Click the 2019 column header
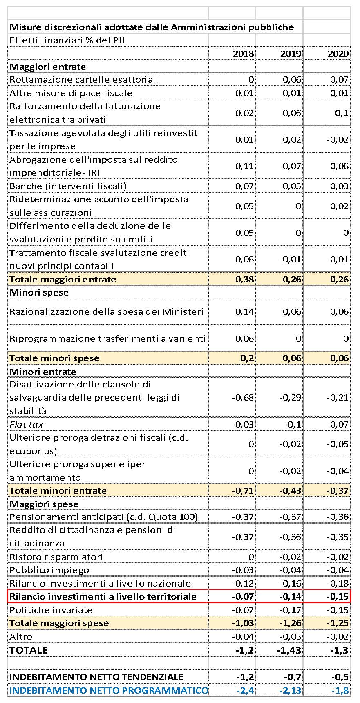click(x=291, y=54)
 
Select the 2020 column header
click(x=338, y=54)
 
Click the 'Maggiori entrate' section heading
click(x=48, y=67)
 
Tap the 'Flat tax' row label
click(x=27, y=424)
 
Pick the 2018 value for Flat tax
click(x=243, y=424)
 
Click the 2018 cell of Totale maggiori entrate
click(x=245, y=279)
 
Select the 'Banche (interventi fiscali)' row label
click(x=68, y=186)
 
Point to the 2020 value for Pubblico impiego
click(x=338, y=570)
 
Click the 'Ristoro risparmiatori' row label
click(x=56, y=557)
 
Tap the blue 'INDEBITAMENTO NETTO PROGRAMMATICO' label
click(x=109, y=690)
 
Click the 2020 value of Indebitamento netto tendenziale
click(x=340, y=677)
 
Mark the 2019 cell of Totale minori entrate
click(x=290, y=490)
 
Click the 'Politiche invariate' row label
click(x=51, y=610)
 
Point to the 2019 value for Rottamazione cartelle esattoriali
click(x=292, y=79)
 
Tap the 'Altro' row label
click(x=21, y=636)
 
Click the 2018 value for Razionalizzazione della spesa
click(x=245, y=311)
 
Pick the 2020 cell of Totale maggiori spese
click(x=338, y=623)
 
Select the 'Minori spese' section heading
click(x=39, y=292)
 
